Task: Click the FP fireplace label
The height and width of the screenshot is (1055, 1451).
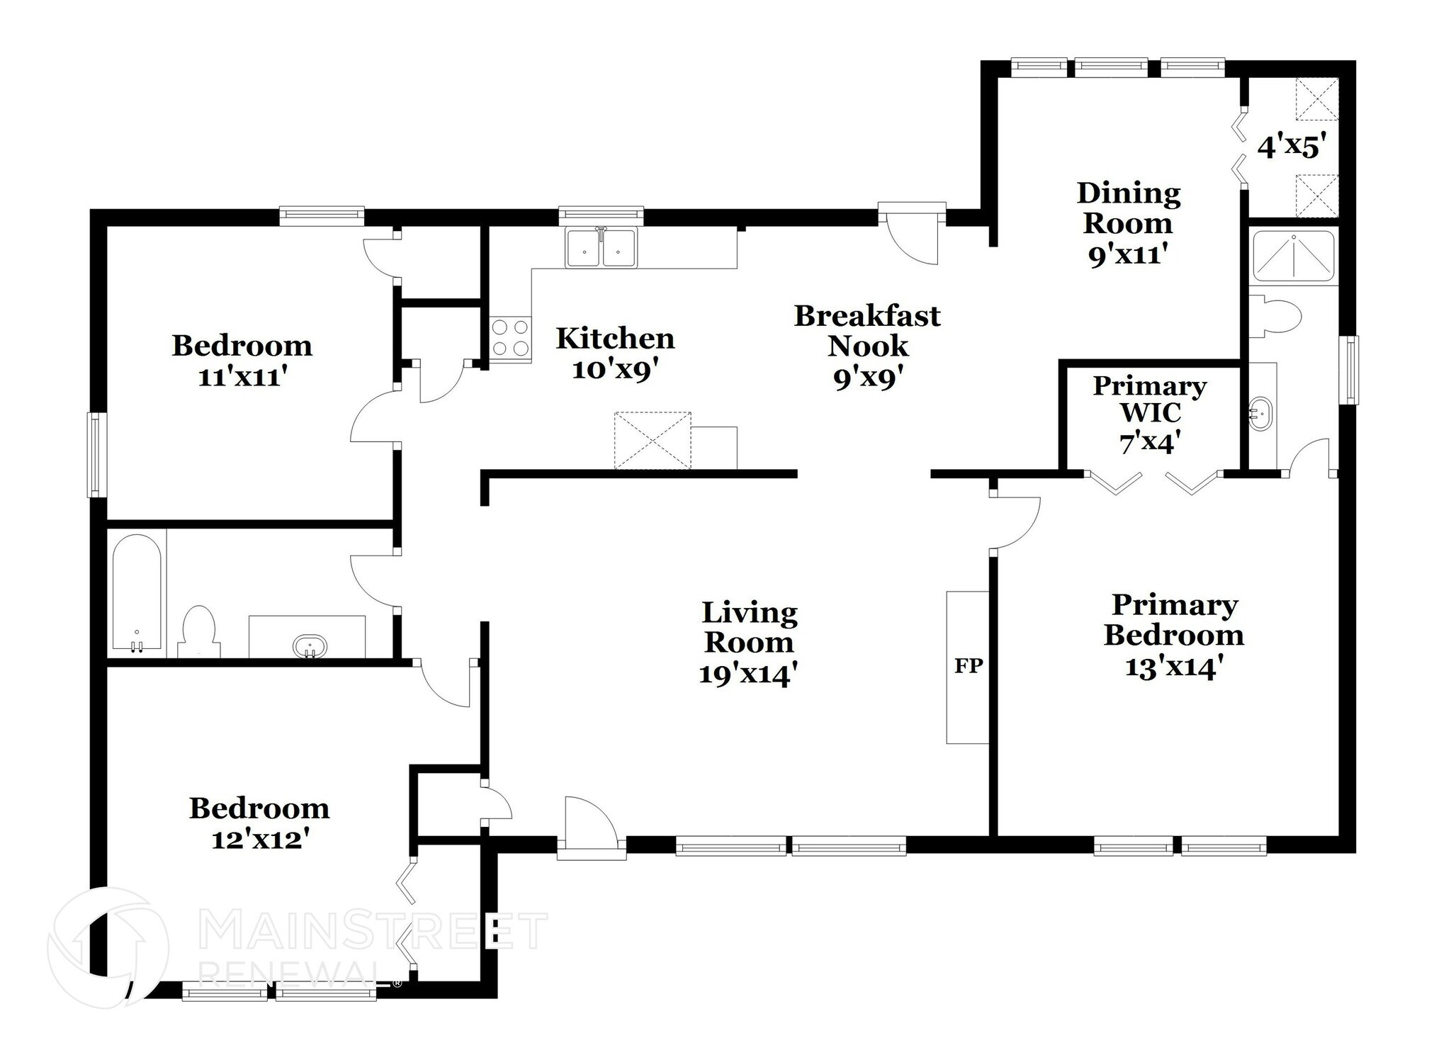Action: tap(968, 666)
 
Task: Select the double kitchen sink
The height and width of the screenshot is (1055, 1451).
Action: tap(601, 249)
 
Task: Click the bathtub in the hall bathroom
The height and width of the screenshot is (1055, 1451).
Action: tap(137, 592)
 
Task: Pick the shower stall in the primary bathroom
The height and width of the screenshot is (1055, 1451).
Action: tap(1293, 256)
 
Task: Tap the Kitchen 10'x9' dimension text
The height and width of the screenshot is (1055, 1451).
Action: tap(615, 370)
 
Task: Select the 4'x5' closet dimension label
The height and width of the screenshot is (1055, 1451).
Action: tap(1291, 147)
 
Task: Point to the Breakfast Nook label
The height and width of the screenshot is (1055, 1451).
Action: tap(867, 331)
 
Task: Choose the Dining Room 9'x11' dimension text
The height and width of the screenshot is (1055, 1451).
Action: tap(1127, 254)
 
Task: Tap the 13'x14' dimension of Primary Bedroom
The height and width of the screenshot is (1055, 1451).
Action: tap(1175, 667)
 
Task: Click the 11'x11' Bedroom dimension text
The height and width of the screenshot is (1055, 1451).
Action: tap(242, 377)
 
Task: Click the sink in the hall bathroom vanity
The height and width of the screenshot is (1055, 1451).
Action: tap(310, 645)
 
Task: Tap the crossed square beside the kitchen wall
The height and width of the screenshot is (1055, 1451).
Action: tap(652, 440)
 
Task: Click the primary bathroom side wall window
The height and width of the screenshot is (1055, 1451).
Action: tap(1352, 370)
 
